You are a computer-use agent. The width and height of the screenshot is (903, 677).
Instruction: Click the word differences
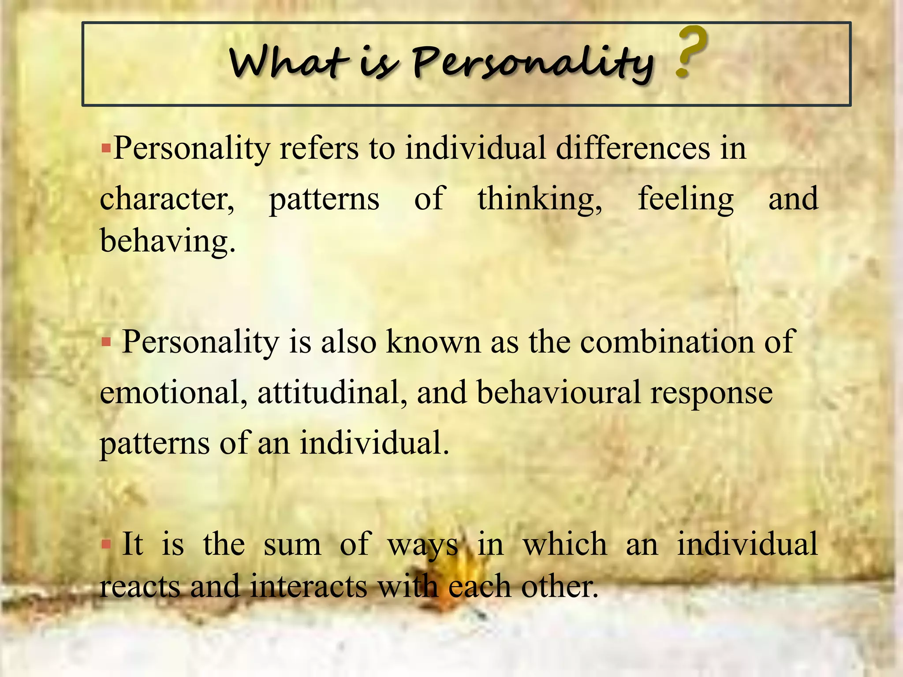(633, 148)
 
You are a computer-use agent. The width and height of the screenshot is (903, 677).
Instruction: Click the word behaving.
(168, 242)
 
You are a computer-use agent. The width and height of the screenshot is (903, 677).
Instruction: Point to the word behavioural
(558, 392)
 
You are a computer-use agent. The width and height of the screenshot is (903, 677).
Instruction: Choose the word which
(565, 544)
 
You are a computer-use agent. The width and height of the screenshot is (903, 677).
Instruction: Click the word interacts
(309, 587)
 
